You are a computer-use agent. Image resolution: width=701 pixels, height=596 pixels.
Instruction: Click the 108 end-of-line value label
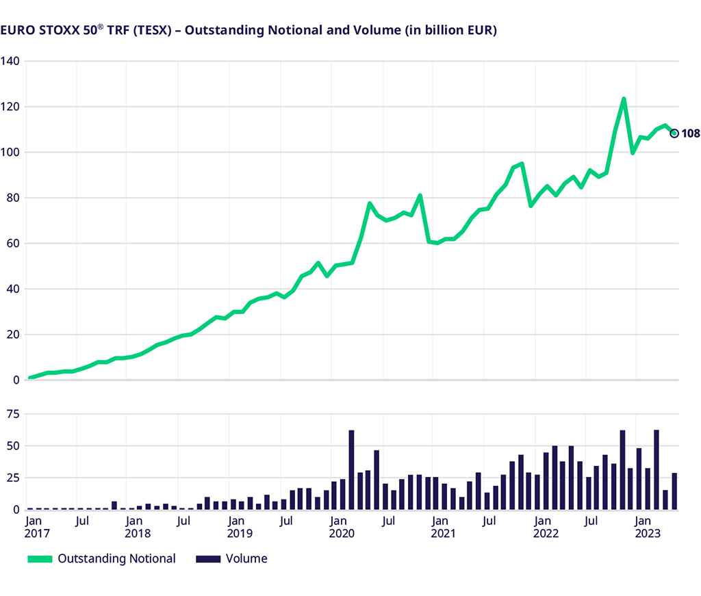[691, 133]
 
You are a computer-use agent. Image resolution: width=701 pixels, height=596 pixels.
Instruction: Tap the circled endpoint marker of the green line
[674, 133]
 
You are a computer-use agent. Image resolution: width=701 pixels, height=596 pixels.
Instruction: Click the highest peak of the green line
[624, 99]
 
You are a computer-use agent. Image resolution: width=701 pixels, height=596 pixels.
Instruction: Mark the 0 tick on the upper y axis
[16, 380]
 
